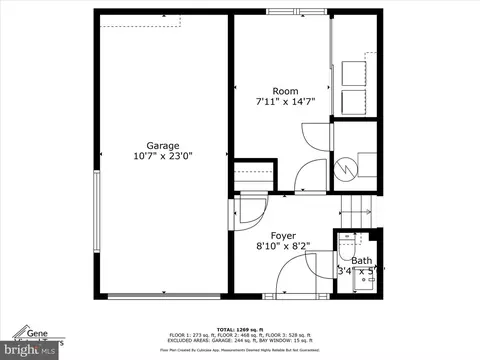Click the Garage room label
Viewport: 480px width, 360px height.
click(164, 143)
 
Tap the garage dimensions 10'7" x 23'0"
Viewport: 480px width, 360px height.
click(162, 156)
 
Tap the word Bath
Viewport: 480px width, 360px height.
click(361, 260)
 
